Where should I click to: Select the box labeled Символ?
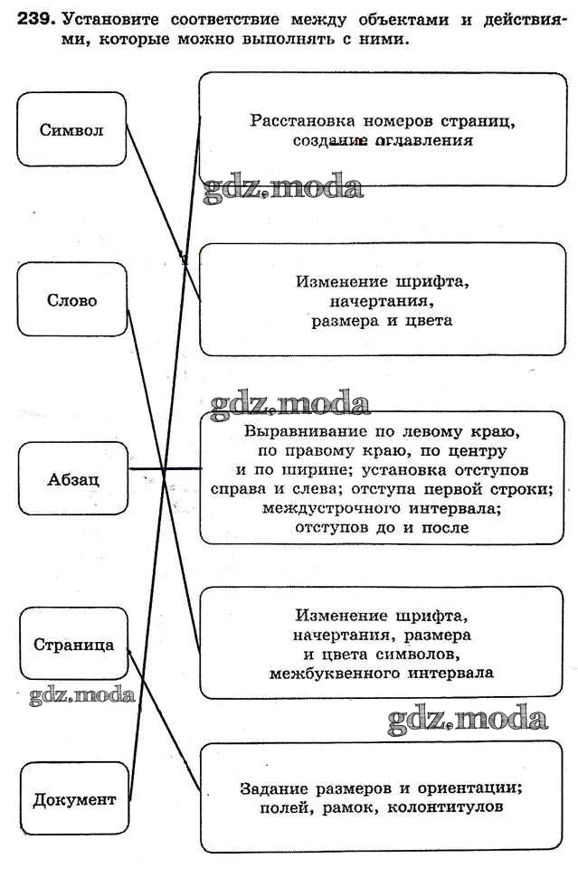pyautogui.click(x=71, y=129)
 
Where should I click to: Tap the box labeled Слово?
pyautogui.click(x=71, y=300)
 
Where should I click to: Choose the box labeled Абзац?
pyautogui.click(x=72, y=478)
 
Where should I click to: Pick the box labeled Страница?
pyautogui.click(x=73, y=645)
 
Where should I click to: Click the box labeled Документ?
pyautogui.click(x=74, y=799)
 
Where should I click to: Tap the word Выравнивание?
pyautogui.click(x=289, y=430)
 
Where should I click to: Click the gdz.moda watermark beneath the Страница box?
pyautogui.click(x=81, y=695)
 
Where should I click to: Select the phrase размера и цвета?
pyautogui.click(x=380, y=320)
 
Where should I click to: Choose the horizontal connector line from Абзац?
pyautogui.click(x=165, y=469)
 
